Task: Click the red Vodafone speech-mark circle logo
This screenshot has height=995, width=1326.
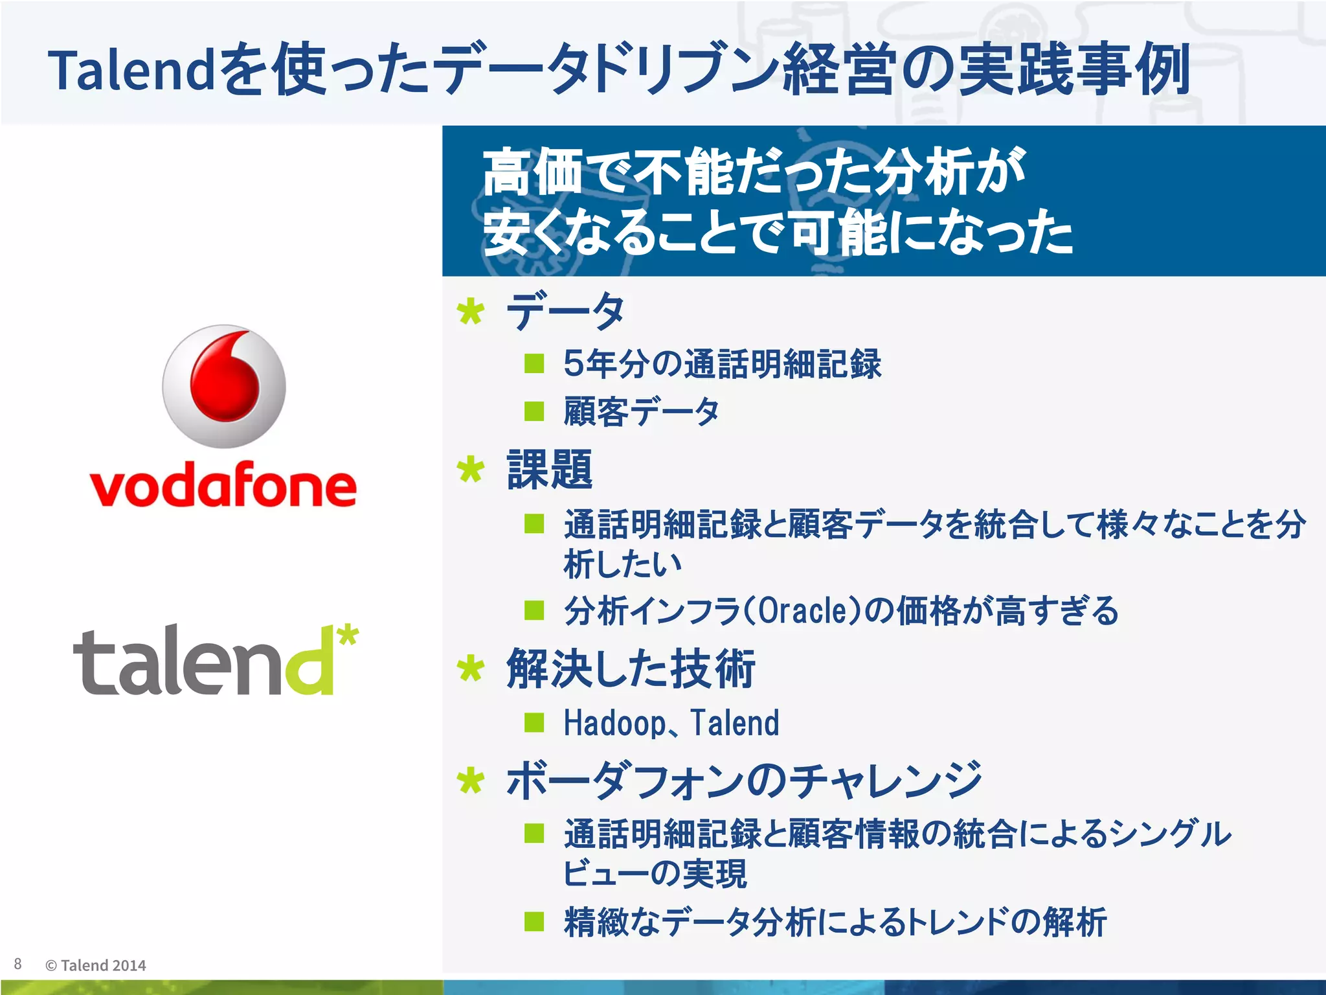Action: click(224, 386)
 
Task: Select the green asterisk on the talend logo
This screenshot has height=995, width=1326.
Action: click(348, 635)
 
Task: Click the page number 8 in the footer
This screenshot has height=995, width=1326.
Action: click(18, 964)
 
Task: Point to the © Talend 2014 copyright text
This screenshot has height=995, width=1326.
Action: click(96, 965)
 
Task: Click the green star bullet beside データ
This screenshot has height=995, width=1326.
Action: click(470, 312)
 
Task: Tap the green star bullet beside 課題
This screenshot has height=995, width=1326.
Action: click(470, 470)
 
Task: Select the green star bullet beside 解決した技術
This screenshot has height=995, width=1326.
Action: click(470, 669)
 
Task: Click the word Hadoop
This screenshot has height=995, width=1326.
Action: click(614, 723)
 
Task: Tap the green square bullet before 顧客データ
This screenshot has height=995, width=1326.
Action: click(534, 411)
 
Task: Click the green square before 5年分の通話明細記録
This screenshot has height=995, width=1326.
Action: click(534, 363)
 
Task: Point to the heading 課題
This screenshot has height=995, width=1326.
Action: click(550, 470)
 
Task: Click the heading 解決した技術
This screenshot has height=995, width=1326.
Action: click(631, 669)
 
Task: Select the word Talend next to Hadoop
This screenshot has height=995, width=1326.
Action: click(735, 723)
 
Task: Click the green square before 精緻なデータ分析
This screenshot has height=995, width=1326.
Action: click(534, 921)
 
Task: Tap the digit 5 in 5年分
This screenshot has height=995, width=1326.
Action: click(573, 363)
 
